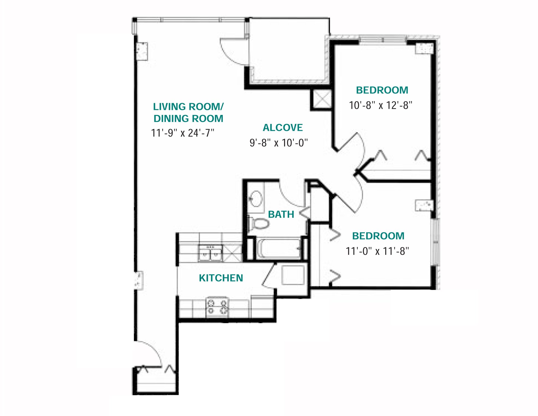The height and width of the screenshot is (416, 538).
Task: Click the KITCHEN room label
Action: (221, 278)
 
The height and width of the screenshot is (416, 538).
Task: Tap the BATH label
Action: (281, 214)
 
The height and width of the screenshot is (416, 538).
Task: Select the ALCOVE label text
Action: (282, 128)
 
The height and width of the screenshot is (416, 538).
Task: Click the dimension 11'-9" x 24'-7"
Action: (182, 133)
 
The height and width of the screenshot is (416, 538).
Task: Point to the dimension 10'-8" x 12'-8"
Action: (380, 105)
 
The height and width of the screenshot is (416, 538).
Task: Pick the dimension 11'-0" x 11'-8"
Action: (377, 251)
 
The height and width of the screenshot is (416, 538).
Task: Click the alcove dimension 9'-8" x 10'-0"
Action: (279, 143)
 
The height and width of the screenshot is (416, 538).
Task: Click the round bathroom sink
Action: (256, 198)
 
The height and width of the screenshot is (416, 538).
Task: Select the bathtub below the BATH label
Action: (279, 248)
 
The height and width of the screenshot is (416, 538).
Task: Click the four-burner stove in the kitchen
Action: (217, 307)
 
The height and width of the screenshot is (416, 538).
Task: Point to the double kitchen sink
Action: (210, 253)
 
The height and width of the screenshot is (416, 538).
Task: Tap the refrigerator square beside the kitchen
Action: (293, 275)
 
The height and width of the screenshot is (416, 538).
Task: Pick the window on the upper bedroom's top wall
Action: (382, 40)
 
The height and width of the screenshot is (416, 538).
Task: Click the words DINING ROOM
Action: (188, 119)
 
